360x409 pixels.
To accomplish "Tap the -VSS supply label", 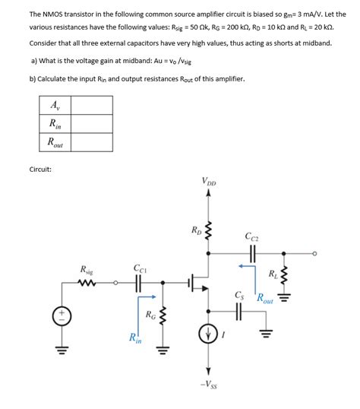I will coord(208,384).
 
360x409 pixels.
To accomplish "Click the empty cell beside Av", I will coord(91,105).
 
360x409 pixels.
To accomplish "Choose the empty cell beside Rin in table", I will coord(91,123).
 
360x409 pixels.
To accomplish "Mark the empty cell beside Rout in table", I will coord(91,141).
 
